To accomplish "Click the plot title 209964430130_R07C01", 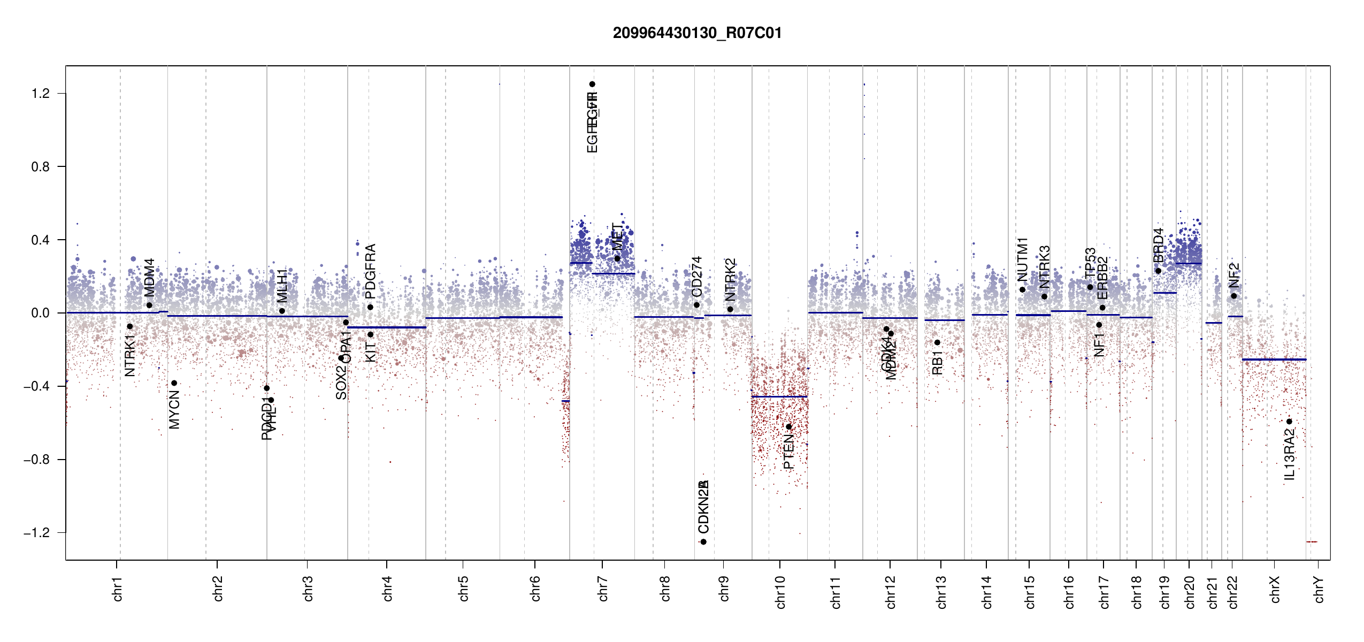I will coord(697,33).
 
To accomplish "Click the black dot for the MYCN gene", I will coord(174,383).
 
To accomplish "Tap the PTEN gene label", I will coord(788,452).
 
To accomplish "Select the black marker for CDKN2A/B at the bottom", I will coord(703,542).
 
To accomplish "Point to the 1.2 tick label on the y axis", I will coord(40,94).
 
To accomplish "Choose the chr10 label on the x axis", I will coord(780,592).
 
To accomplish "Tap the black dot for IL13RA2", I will coord(1289,422).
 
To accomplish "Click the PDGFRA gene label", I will coord(370,271).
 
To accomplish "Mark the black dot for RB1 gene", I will coord(937,342).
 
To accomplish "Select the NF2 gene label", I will coord(1233,275).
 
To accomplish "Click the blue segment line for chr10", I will coord(779,396).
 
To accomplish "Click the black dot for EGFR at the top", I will coord(592,84).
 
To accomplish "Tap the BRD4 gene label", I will coord(1158,246).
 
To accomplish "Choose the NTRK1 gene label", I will coord(130,356).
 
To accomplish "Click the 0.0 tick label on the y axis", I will coord(40,313).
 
